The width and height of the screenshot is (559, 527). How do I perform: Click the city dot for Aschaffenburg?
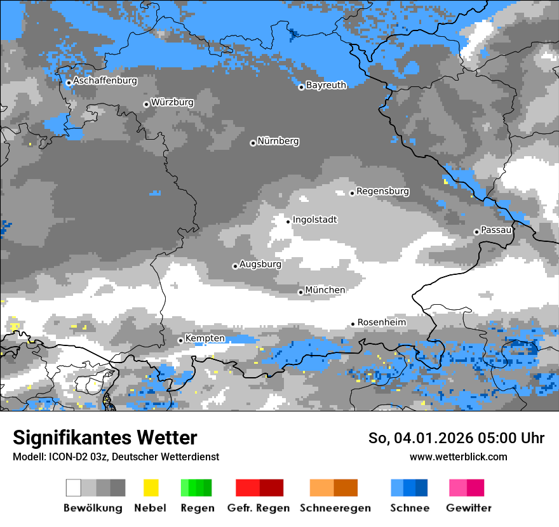click(69, 83)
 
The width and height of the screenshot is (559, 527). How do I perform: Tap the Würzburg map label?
click(172, 102)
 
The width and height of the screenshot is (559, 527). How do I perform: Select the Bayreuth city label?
click(326, 85)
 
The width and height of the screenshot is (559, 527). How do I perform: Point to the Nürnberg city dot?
click(253, 143)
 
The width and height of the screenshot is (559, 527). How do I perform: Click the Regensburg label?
click(382, 191)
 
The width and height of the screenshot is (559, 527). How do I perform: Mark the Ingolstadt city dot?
click(288, 222)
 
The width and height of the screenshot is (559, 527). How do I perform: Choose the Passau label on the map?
click(496, 230)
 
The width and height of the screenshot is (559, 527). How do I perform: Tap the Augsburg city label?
click(260, 264)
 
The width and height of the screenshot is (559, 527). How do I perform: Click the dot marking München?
click(300, 292)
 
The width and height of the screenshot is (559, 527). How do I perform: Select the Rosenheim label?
click(381, 323)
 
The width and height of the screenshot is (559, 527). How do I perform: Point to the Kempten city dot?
click(180, 340)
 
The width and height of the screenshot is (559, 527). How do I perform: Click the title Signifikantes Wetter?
click(105, 437)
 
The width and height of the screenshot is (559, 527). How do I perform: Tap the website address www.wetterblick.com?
click(459, 457)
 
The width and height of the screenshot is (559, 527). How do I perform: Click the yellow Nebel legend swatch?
click(151, 488)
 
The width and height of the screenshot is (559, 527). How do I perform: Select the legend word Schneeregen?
click(335, 508)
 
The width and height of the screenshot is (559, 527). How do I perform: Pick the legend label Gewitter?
click(469, 508)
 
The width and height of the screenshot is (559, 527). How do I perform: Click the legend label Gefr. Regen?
click(259, 508)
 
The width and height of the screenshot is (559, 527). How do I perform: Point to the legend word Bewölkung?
click(93, 508)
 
